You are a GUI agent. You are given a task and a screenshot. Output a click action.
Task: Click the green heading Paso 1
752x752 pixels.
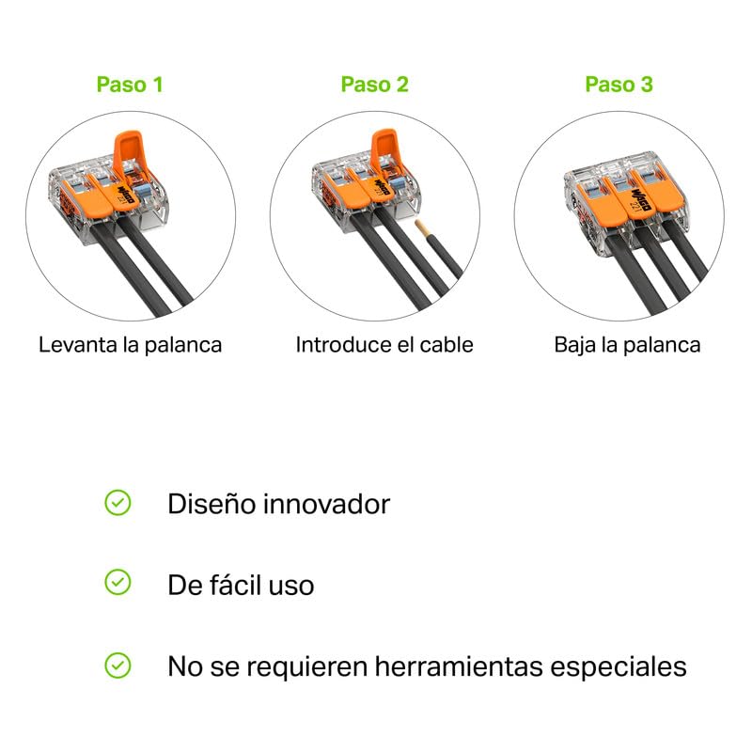(x=130, y=85)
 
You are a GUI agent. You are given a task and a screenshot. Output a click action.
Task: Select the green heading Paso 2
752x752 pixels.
(x=374, y=85)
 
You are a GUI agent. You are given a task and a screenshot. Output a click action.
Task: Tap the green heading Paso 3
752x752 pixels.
(x=619, y=85)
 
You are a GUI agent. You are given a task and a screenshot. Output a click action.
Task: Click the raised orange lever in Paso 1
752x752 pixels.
(x=127, y=152)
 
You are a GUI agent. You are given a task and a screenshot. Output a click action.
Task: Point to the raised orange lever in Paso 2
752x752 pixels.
(x=384, y=149)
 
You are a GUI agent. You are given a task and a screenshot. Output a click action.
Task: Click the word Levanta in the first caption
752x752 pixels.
(x=78, y=345)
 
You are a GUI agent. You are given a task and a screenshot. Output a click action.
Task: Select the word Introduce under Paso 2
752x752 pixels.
(x=339, y=345)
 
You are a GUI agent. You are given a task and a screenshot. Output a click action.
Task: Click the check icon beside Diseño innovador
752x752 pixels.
(x=117, y=503)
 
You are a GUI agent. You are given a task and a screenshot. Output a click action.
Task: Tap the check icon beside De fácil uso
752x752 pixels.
(x=117, y=582)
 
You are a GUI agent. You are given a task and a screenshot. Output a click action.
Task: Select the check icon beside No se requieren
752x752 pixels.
(x=117, y=666)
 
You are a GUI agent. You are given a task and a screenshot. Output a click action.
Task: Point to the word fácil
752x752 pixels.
(x=235, y=585)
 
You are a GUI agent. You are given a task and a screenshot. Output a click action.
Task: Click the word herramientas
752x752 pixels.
(x=459, y=666)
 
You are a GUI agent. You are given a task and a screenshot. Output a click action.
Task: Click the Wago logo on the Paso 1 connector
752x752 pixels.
(x=124, y=193)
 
